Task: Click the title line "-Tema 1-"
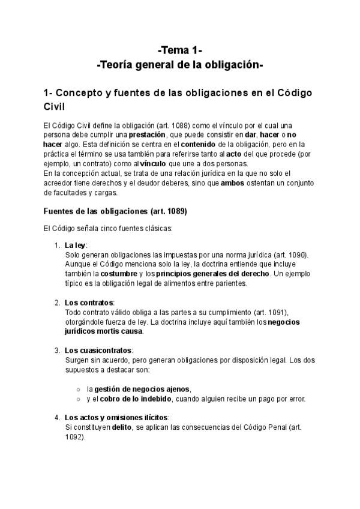pyautogui.click(x=180, y=50)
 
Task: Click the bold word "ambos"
pyautogui.click(x=233, y=183)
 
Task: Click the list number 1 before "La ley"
pyautogui.click(x=56, y=245)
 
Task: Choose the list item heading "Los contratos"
pyautogui.click(x=89, y=302)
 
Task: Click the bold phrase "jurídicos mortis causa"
pyautogui.click(x=103, y=331)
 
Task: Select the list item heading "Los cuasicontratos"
pyautogui.click(x=98, y=350)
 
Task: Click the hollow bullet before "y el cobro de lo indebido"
pyautogui.click(x=78, y=398)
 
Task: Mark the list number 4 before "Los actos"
pyautogui.click(x=56, y=417)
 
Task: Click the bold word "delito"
pyautogui.click(x=122, y=427)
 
